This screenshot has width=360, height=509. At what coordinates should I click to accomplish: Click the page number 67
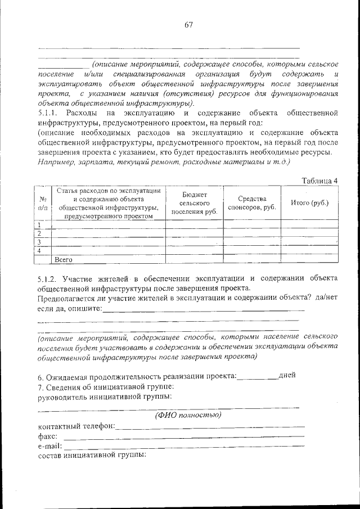(x=188, y=24)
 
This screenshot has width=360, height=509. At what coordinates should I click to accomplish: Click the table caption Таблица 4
(x=319, y=181)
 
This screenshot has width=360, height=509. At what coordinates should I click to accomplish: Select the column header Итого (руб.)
(x=309, y=203)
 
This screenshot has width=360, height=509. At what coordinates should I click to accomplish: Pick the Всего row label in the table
(x=65, y=260)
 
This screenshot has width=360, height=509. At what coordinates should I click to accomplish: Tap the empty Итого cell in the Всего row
(x=309, y=259)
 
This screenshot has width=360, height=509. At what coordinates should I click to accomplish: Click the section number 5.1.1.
(x=49, y=113)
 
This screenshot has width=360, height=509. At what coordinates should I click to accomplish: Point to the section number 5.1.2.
(x=49, y=278)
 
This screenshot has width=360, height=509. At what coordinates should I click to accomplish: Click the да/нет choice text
(x=326, y=298)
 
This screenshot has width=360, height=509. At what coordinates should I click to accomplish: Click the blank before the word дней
(x=258, y=376)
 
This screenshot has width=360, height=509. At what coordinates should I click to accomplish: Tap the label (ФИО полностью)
(x=188, y=415)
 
